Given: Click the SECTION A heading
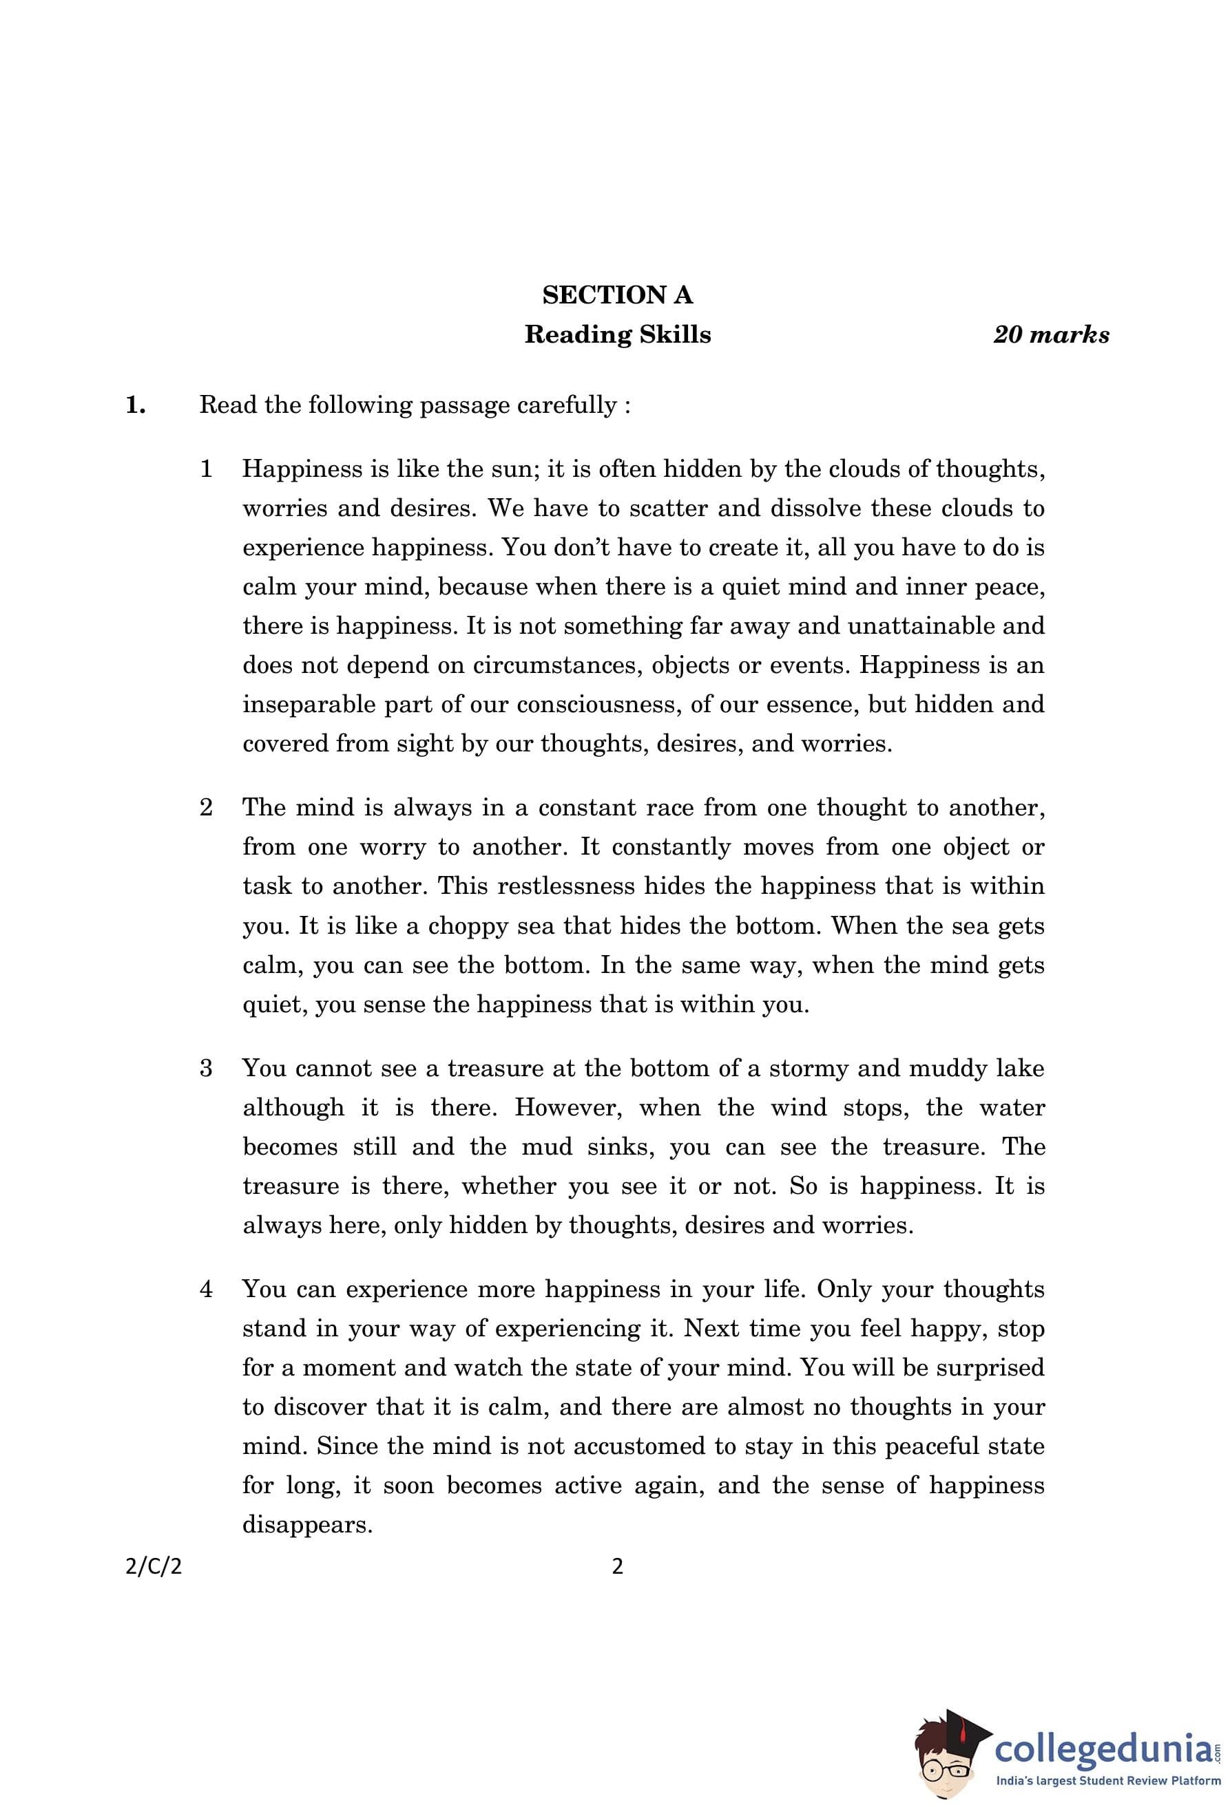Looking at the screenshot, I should [617, 295].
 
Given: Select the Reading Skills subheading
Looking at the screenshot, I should [617, 335].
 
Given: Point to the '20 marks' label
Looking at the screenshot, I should [1050, 335].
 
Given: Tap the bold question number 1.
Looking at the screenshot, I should [136, 405].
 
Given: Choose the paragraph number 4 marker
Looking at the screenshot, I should [206, 1288].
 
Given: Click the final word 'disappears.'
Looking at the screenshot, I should [307, 1525].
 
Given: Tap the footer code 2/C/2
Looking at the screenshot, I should [154, 1567].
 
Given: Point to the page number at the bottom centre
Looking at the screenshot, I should [617, 1567].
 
